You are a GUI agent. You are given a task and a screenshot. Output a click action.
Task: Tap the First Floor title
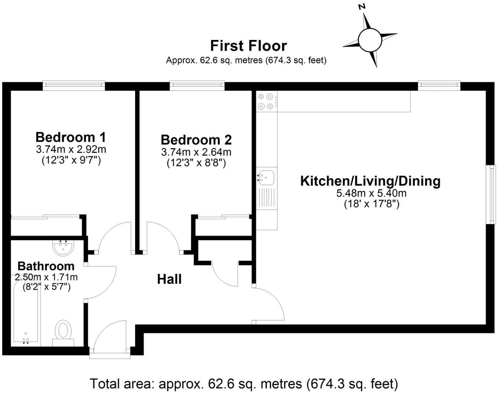pos(248,46)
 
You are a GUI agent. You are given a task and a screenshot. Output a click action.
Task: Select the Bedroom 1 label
pos(71,137)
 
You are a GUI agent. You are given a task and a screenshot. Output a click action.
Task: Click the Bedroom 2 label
pos(196,140)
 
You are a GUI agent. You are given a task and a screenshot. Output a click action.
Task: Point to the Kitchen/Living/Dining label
pos(370,181)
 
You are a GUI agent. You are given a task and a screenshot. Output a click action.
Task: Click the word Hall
pos(169,279)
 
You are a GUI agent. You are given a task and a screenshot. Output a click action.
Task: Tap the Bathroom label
pos(46,266)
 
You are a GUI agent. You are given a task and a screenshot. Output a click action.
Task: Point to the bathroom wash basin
pos(63,247)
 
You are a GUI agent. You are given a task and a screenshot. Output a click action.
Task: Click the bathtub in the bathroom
pos(26,315)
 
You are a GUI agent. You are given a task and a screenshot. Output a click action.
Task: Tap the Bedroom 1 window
pos(74,85)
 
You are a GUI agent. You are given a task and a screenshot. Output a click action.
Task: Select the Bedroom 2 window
pos(197,85)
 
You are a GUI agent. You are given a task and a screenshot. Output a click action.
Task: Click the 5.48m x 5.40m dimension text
pos(371,193)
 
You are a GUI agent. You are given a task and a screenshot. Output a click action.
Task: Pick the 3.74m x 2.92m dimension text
pos(71,149)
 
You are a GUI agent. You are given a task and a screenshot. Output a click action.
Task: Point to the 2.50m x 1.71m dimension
pos(46,277)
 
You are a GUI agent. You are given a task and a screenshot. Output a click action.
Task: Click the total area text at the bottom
pos(244,384)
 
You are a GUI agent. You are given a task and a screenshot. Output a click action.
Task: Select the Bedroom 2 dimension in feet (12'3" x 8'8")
pos(196,162)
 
